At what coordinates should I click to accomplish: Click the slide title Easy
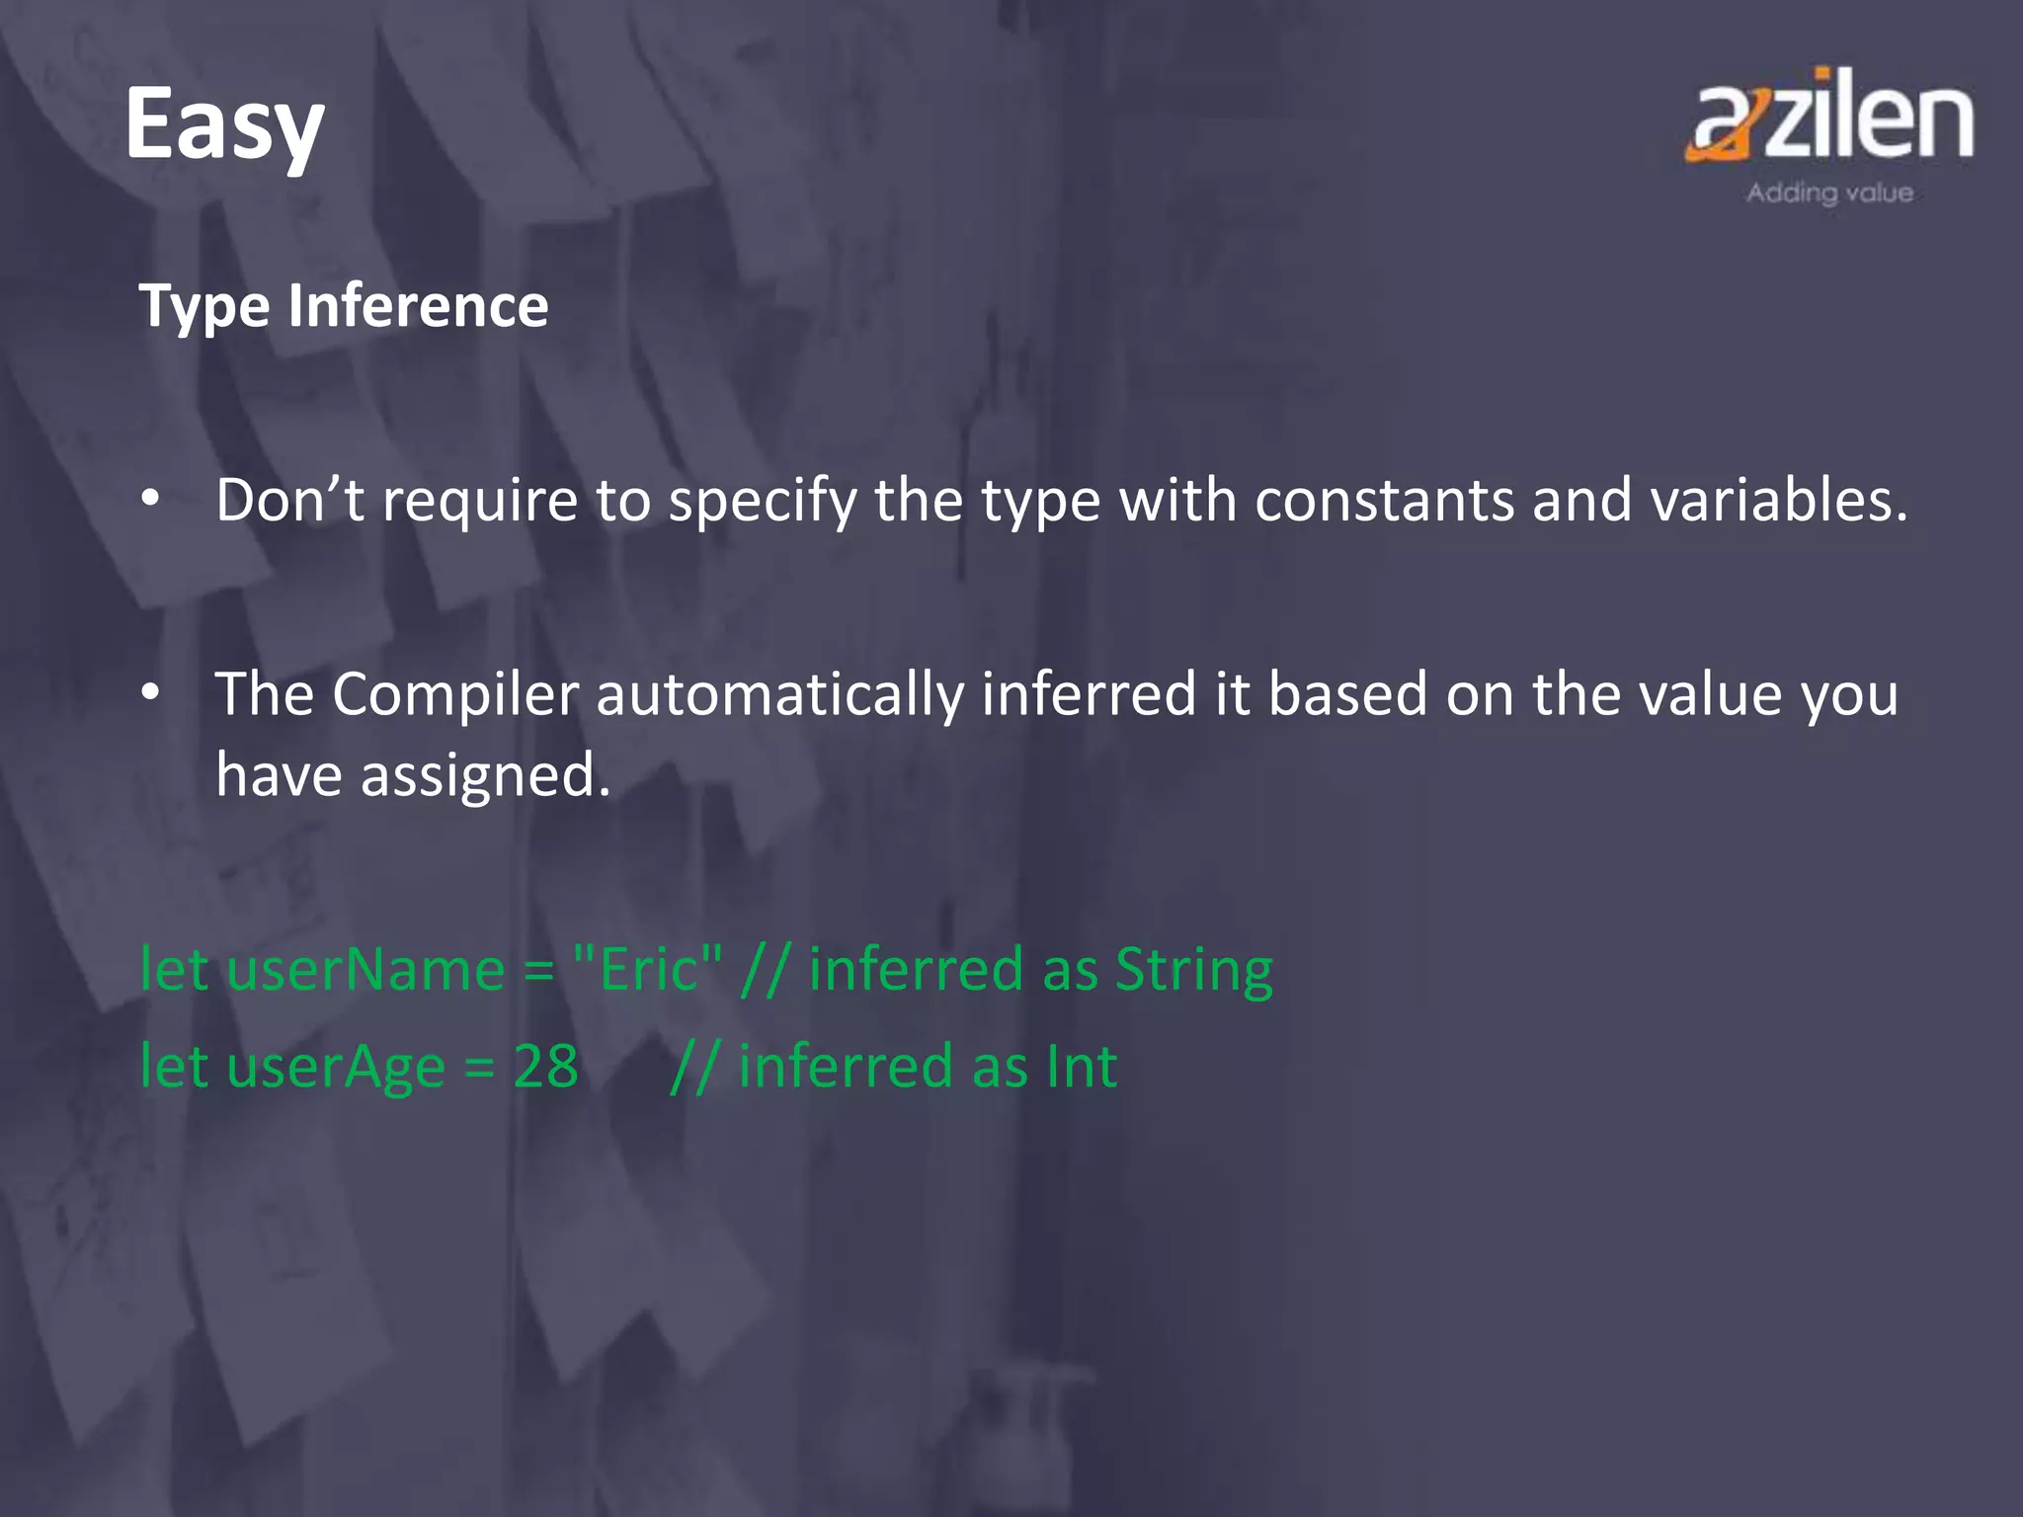point(224,125)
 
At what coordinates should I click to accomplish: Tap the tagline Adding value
point(1829,193)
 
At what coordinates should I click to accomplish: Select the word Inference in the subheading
point(418,305)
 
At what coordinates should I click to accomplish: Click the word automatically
point(779,694)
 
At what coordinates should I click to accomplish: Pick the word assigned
point(485,775)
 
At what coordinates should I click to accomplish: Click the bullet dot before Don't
point(150,500)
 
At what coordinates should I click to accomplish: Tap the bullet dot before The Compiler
point(150,693)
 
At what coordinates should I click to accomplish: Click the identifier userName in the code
point(365,970)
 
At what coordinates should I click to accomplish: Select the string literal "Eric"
point(648,969)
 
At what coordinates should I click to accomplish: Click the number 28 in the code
point(545,1067)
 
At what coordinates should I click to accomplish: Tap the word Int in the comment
point(1081,1067)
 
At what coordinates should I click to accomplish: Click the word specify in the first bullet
point(763,502)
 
